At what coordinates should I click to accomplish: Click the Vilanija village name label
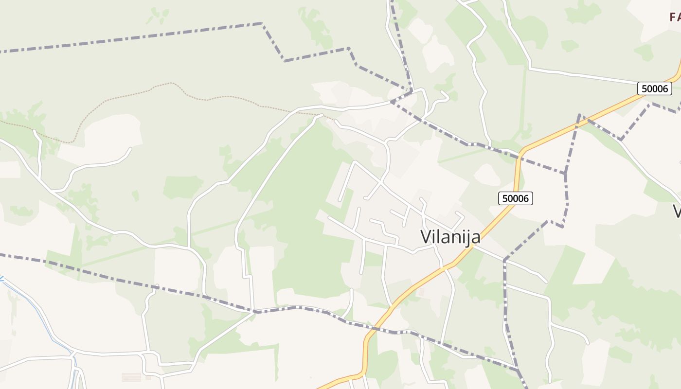(x=450, y=237)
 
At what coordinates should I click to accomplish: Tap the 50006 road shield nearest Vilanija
(x=516, y=198)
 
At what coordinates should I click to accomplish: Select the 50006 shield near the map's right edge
(x=655, y=88)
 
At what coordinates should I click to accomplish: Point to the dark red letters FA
(x=675, y=18)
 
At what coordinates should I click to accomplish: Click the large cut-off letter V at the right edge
(x=677, y=211)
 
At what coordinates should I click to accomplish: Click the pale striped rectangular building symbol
(x=131, y=377)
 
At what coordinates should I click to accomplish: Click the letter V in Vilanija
(x=426, y=237)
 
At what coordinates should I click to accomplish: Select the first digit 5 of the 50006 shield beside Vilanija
(x=505, y=198)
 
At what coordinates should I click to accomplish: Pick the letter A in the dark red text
(x=679, y=18)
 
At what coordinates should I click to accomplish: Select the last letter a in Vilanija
(x=476, y=238)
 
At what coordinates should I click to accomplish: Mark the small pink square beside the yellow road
(x=421, y=292)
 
